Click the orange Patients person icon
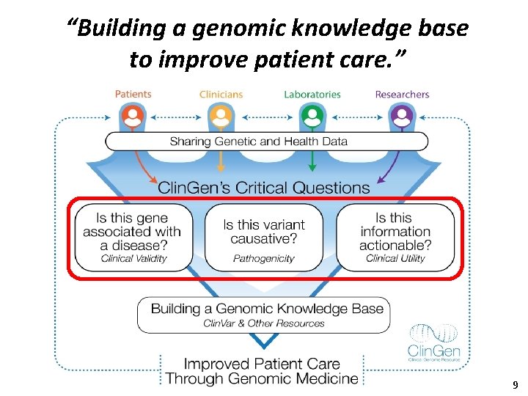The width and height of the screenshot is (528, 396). click(133, 116)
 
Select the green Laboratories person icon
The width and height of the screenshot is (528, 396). click(312, 116)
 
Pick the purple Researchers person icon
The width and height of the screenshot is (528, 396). click(401, 116)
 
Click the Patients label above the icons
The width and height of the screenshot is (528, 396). click(133, 94)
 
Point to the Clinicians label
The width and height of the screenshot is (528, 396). click(221, 94)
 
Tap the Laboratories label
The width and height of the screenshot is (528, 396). click(312, 94)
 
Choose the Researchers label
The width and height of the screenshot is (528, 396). click(402, 94)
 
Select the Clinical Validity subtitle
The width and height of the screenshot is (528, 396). click(134, 258)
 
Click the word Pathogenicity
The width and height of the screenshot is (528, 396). click(263, 258)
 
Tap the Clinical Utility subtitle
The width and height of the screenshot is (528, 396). click(395, 258)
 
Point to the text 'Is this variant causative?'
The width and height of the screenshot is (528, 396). click(263, 232)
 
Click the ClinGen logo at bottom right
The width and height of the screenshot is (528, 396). click(435, 343)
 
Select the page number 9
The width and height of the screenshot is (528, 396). click(515, 384)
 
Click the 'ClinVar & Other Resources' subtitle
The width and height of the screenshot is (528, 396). click(263, 323)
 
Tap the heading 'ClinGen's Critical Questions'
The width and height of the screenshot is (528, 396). click(264, 188)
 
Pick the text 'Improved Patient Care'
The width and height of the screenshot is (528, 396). click(262, 364)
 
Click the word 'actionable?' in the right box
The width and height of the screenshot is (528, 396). click(395, 245)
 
